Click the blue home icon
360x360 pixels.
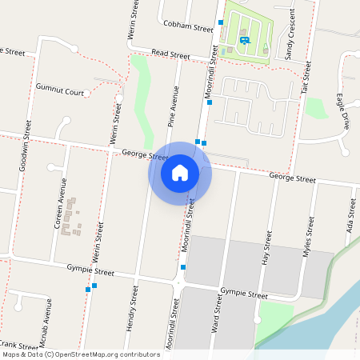(180, 172)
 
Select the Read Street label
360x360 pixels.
(170, 55)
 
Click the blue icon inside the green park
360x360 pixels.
(244, 40)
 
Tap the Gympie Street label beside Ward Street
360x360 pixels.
(244, 294)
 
